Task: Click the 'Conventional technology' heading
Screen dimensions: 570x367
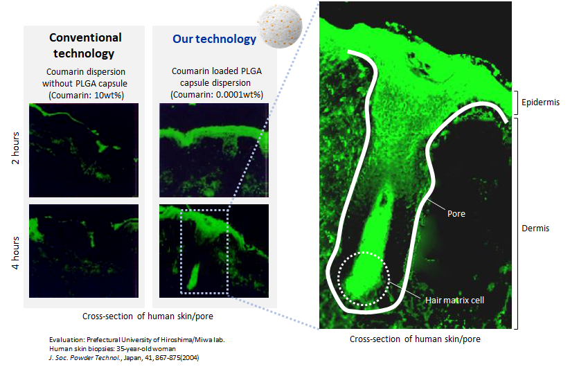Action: (x=85, y=46)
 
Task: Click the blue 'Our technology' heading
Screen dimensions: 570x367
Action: (x=214, y=39)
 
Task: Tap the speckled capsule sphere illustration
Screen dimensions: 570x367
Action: (x=280, y=26)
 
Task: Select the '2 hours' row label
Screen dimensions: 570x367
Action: (x=16, y=148)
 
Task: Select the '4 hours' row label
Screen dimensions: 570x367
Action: (x=16, y=253)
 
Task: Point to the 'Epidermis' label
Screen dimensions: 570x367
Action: (x=540, y=102)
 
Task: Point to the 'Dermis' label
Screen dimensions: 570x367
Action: (x=535, y=229)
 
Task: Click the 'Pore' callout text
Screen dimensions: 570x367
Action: (x=456, y=214)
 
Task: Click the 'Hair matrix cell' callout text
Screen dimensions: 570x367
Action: (x=454, y=301)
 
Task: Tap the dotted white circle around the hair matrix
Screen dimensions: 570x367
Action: (x=339, y=278)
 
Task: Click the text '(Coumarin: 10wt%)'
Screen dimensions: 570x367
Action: (x=86, y=96)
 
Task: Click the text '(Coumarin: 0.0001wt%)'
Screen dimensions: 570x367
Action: (x=217, y=95)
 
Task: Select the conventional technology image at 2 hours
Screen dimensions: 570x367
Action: (x=84, y=150)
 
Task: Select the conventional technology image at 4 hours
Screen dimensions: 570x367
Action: (x=84, y=251)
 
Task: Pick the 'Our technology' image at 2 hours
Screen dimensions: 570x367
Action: (x=214, y=150)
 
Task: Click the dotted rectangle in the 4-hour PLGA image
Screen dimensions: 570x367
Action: (x=181, y=251)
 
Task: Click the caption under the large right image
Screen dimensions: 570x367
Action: (x=415, y=339)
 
